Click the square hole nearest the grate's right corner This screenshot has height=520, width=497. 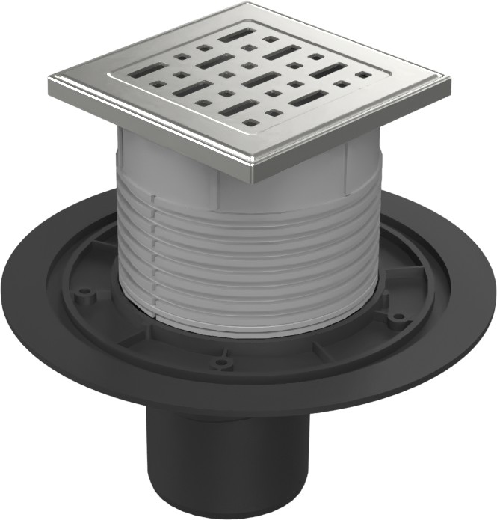click(364, 75)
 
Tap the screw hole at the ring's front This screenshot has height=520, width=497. click(220, 364)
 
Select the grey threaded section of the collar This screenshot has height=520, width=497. click(247, 254)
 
